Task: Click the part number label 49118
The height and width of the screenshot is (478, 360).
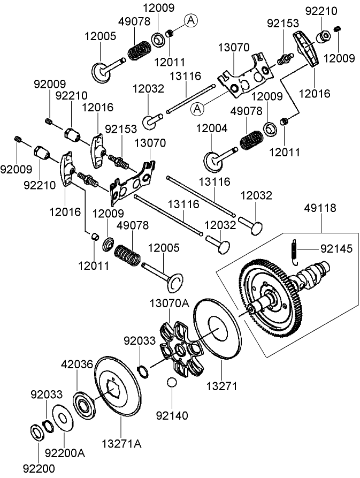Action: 320,208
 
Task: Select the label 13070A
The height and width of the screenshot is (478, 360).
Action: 168,304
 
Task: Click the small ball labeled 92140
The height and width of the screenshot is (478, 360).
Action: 171,383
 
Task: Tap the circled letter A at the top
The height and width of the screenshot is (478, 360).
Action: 192,20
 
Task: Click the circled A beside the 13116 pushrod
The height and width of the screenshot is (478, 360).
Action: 197,109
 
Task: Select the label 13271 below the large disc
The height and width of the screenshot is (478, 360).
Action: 221,385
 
